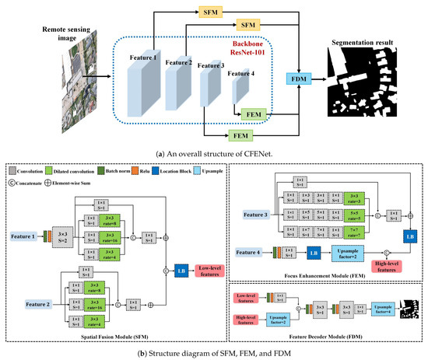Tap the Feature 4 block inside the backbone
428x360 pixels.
pos(242,90)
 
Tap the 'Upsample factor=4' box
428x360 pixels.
pos(381,310)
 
